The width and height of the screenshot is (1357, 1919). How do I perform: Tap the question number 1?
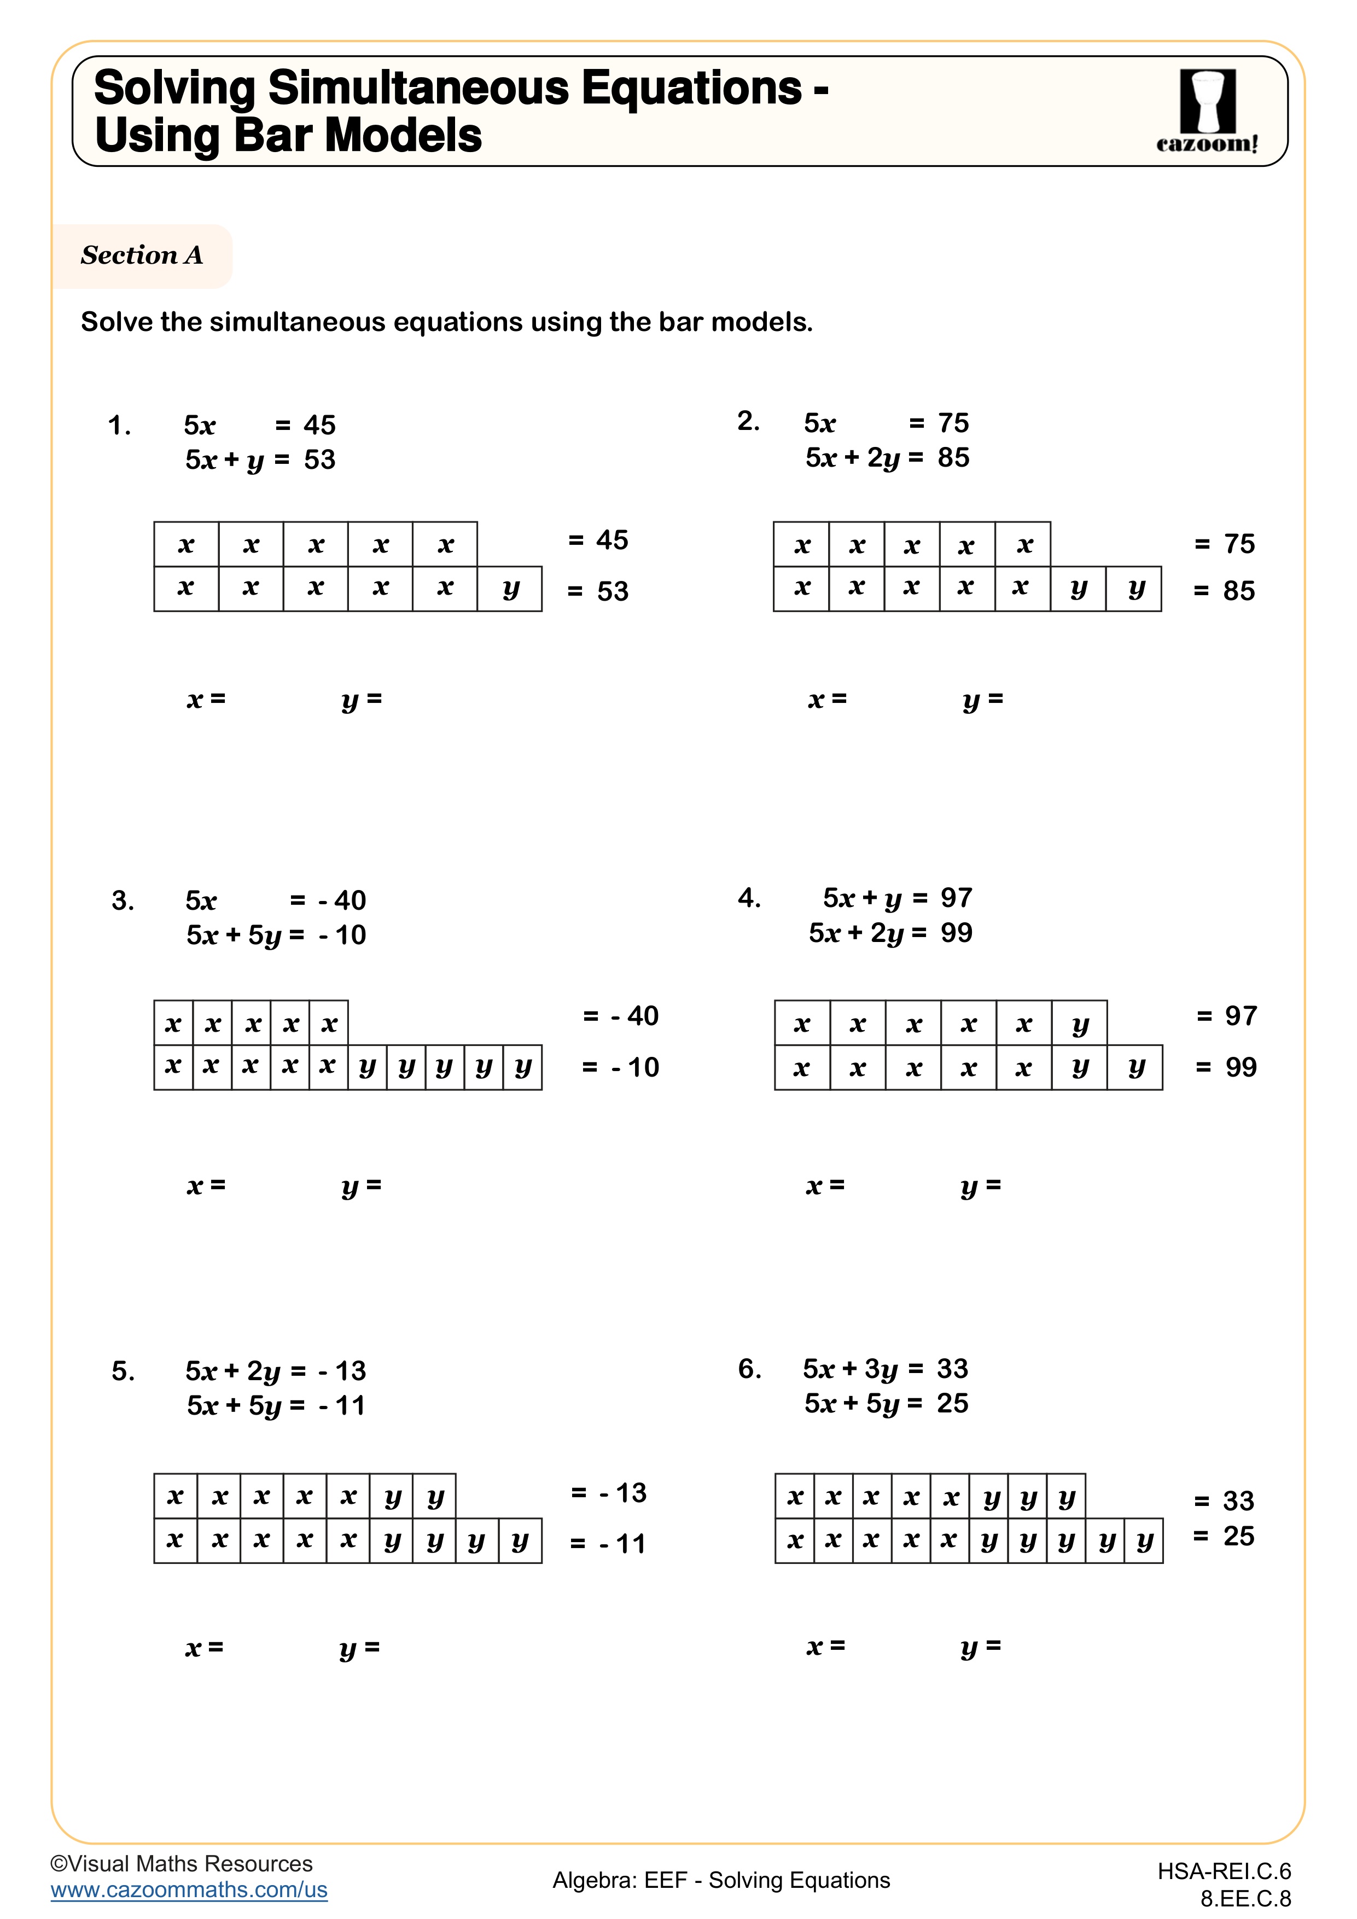pos(119,426)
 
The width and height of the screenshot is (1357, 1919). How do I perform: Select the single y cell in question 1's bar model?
pos(510,589)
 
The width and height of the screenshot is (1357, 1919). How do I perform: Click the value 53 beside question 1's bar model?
pos(613,591)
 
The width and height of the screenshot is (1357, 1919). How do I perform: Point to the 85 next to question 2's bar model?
pos(1238,591)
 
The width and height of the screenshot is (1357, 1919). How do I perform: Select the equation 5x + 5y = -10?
pos(276,935)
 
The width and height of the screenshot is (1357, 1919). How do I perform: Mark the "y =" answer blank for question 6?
pos(981,1645)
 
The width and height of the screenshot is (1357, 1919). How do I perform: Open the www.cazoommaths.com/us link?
pos(189,1890)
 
